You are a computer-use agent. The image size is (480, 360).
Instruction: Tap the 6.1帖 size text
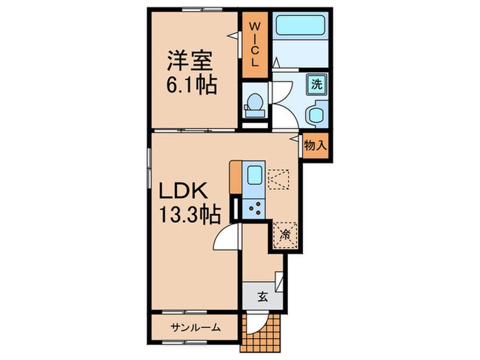coord(191,86)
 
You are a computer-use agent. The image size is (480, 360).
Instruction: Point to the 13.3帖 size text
coord(191,215)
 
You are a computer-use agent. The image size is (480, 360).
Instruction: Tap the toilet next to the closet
coord(254,104)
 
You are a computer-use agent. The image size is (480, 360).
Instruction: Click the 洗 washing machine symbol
coord(317,84)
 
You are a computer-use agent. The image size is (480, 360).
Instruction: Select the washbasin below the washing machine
coord(317,114)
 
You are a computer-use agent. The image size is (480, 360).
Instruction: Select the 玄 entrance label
coord(262,298)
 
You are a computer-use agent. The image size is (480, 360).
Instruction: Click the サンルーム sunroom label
coord(195,328)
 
